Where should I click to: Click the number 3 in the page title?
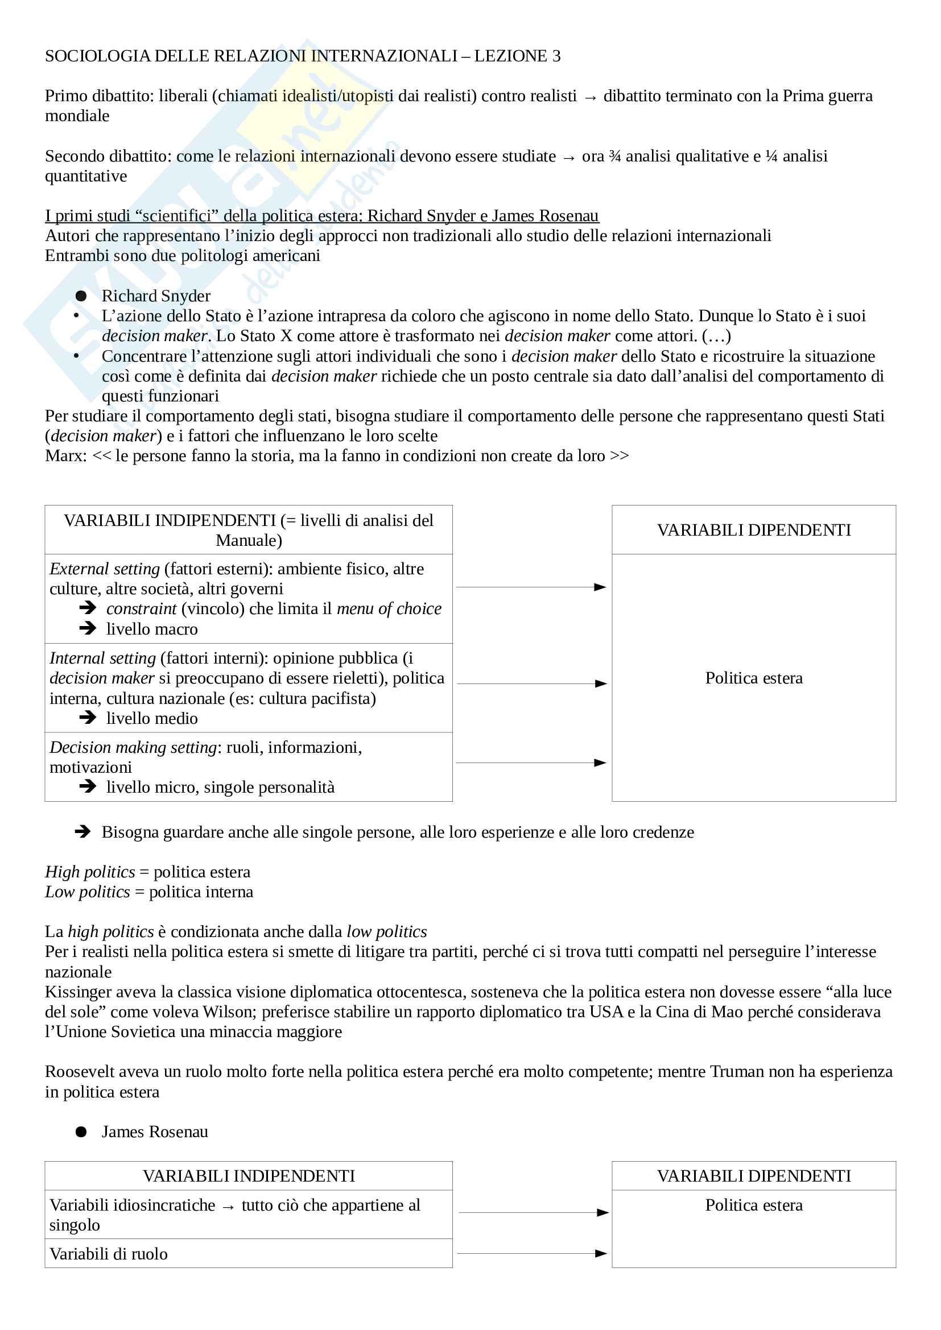(x=556, y=56)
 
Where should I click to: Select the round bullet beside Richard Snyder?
(x=81, y=296)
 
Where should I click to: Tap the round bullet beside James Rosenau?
(x=81, y=1132)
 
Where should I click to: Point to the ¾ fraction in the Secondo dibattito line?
(x=615, y=156)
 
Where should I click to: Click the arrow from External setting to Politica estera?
(x=531, y=587)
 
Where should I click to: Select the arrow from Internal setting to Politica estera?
(x=531, y=683)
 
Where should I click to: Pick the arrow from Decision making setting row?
(x=531, y=763)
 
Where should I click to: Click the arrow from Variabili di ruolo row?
(x=532, y=1254)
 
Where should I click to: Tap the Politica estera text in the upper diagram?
(x=753, y=678)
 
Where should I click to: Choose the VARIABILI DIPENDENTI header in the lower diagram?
(x=753, y=1176)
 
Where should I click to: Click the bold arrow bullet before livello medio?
(x=88, y=718)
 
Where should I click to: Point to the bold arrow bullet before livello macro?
(x=88, y=628)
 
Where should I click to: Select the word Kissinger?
(x=80, y=992)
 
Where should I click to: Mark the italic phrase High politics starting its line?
(x=90, y=872)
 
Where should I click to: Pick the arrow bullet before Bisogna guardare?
(x=83, y=832)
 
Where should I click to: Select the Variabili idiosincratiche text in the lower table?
(x=132, y=1205)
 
